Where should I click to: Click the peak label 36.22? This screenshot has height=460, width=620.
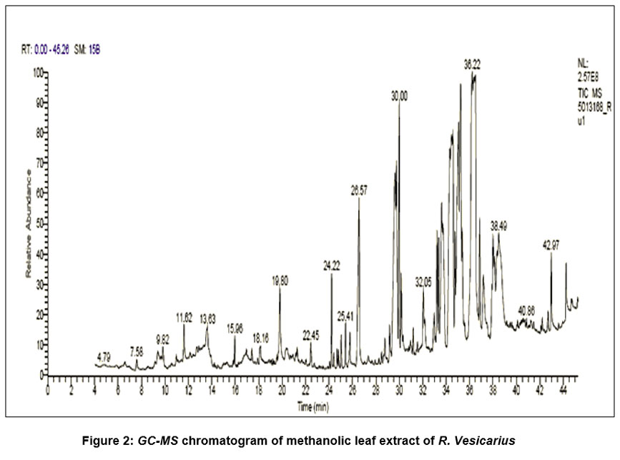click(x=471, y=64)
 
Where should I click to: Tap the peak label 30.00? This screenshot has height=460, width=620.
click(x=399, y=94)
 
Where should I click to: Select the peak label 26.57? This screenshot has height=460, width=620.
click(x=359, y=191)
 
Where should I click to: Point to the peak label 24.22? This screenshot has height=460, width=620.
click(x=331, y=265)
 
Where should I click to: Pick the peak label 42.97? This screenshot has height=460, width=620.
click(x=551, y=245)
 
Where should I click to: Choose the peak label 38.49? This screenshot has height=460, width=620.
click(x=498, y=225)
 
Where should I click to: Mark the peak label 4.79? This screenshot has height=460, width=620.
click(x=104, y=356)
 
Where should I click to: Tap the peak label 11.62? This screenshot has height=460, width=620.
click(x=184, y=316)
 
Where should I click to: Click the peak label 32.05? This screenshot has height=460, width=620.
click(x=423, y=282)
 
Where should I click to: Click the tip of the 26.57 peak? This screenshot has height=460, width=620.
click(x=358, y=198)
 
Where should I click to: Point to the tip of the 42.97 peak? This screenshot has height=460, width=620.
click(x=551, y=252)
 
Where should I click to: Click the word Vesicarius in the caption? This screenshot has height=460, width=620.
click(x=487, y=439)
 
